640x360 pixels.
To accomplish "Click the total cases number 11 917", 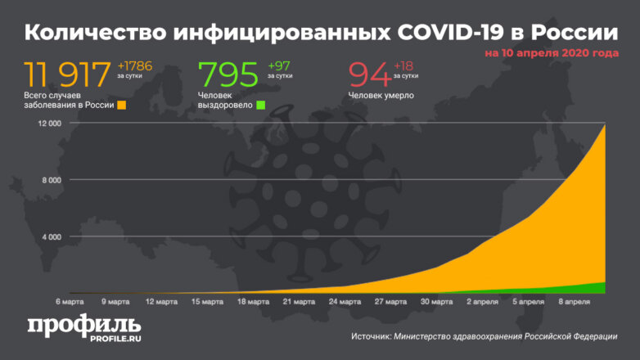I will (67, 75).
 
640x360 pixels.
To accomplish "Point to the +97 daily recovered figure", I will (278, 65).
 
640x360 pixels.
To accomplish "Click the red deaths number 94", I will (370, 75).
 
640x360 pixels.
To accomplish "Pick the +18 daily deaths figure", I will (404, 65).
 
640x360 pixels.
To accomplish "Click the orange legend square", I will (121, 106).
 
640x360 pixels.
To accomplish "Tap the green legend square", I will (260, 106).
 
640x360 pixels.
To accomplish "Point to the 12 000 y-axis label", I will (50, 124).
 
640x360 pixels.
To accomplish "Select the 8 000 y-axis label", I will (52, 181).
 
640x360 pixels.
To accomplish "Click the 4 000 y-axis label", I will (52, 237).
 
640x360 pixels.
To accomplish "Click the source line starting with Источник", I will (484, 336).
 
